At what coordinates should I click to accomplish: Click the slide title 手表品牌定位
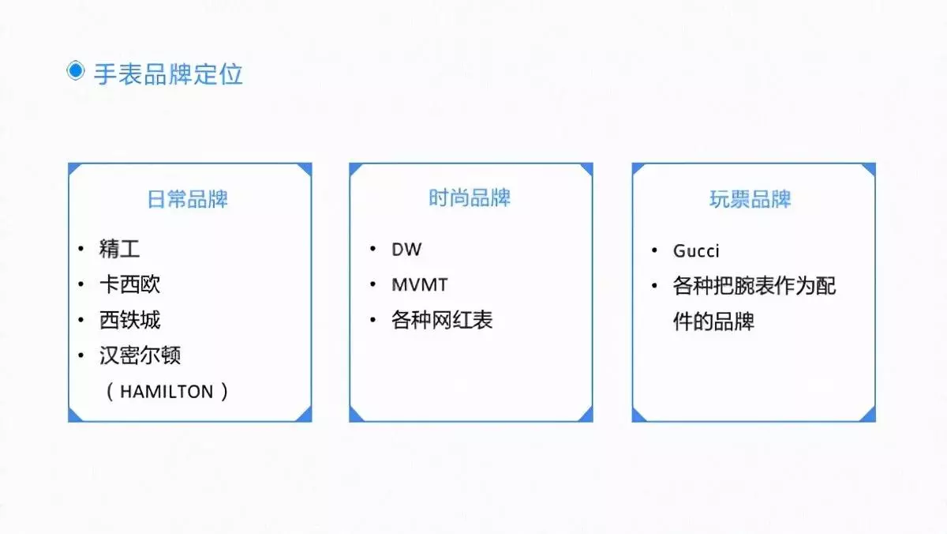tap(168, 74)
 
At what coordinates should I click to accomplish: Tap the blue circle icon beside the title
tap(76, 70)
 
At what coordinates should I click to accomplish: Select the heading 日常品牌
tap(187, 199)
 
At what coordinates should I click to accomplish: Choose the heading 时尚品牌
tap(470, 197)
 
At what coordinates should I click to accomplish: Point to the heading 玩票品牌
tap(750, 199)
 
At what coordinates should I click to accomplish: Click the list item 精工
tap(119, 249)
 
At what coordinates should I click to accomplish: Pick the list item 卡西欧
tap(129, 284)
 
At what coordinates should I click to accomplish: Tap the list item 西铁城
tap(129, 320)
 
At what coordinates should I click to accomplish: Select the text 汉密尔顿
tap(140, 355)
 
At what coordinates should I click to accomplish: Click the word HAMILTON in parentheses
tap(167, 392)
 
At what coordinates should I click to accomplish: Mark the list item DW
tap(406, 250)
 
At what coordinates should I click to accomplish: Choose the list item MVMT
tap(419, 284)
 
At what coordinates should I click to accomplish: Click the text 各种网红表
tap(442, 320)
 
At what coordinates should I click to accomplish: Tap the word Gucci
tap(696, 251)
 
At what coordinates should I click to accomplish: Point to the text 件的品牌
tap(713, 322)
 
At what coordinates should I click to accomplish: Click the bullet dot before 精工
tap(80, 248)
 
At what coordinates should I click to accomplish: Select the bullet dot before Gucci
tap(654, 250)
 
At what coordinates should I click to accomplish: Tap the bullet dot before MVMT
tap(372, 284)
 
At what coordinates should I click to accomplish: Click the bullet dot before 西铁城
tap(80, 319)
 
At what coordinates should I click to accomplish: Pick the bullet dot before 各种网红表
tap(372, 319)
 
